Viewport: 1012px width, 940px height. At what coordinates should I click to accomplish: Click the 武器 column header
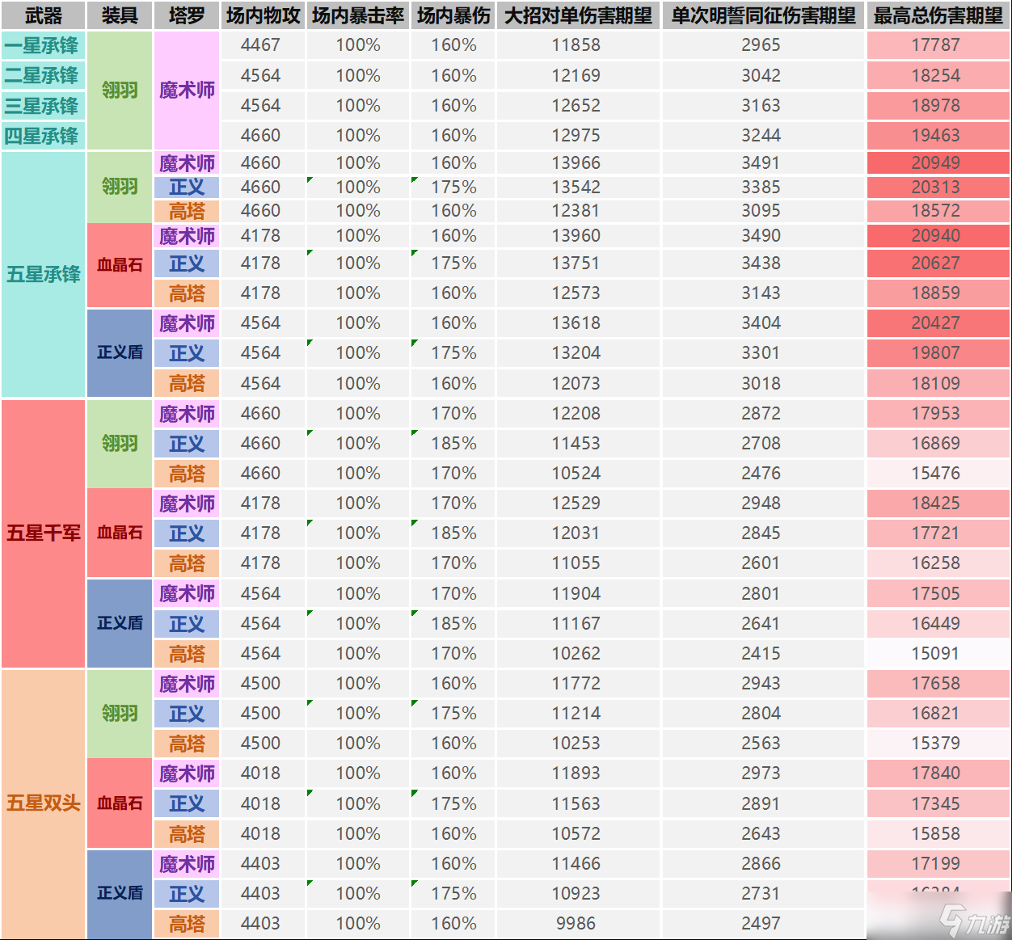[x=43, y=15]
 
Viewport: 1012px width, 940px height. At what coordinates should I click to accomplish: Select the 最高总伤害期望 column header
[x=938, y=15]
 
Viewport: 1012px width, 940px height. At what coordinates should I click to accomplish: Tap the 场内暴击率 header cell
[x=358, y=15]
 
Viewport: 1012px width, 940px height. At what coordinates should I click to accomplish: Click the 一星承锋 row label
[x=43, y=45]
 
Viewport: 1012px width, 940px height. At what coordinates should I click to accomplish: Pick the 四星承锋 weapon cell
[x=43, y=136]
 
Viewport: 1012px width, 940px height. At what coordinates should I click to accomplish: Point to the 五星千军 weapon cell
[x=43, y=533]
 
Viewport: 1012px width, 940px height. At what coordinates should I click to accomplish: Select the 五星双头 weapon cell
[x=43, y=803]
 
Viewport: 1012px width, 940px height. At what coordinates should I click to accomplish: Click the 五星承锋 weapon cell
[x=43, y=274]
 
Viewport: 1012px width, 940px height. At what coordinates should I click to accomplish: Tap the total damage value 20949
[x=936, y=163]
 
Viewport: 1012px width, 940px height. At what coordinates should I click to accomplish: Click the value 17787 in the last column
[x=936, y=45]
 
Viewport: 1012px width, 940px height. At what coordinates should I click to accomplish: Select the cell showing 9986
[x=576, y=923]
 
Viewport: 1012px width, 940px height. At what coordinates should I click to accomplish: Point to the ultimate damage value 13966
[x=576, y=163]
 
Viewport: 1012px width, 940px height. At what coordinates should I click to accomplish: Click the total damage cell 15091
[x=936, y=653]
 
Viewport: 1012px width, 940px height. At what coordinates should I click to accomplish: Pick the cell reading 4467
[x=260, y=45]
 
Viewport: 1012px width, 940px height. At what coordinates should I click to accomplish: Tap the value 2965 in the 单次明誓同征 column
[x=761, y=45]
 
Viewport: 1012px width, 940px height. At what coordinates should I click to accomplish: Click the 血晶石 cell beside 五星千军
[x=120, y=533]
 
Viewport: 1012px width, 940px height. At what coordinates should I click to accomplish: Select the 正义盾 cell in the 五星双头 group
[x=120, y=893]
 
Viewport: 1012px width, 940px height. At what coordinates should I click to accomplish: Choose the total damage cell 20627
[x=936, y=263]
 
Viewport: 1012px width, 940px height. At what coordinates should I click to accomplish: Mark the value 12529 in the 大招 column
[x=576, y=504]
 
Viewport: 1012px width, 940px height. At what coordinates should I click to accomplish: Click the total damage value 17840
[x=936, y=773]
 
